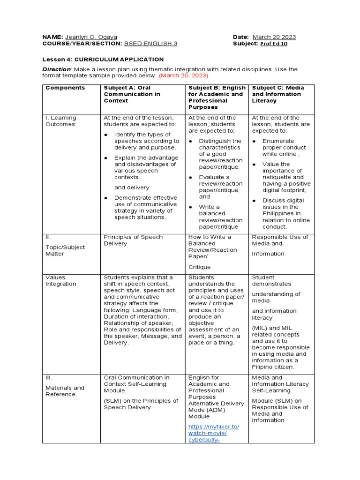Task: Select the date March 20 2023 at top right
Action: (274, 37)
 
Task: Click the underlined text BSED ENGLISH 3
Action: (150, 44)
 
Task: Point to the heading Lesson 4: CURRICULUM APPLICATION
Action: (103, 60)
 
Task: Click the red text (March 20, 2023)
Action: (183, 75)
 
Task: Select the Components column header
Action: (65, 88)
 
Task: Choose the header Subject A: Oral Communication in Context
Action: (132, 94)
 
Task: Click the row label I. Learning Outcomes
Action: (60, 121)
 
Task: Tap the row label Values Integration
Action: (60, 280)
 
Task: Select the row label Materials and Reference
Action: (65, 391)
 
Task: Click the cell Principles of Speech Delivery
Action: (133, 240)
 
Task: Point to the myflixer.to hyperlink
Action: (213, 433)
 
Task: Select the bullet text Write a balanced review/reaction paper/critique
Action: (220, 217)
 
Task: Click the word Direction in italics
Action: (56, 69)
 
